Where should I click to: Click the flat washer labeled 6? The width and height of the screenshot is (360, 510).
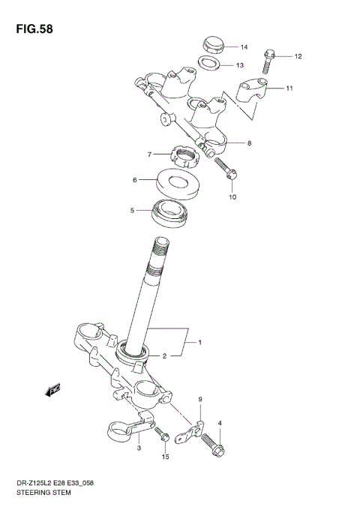[x=178, y=182]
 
